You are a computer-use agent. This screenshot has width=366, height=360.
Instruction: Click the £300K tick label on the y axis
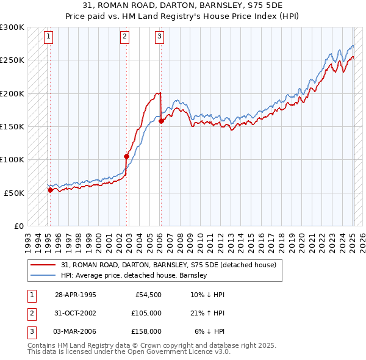click(12, 27)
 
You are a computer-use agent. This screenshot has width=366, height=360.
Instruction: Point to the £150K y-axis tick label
click(12, 127)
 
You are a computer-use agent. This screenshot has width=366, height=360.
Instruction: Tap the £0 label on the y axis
click(18, 226)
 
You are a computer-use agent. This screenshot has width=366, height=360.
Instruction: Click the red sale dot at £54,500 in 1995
click(50, 190)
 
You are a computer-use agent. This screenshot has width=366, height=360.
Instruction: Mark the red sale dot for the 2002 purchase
click(127, 156)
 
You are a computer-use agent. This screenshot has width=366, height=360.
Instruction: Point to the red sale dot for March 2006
click(161, 121)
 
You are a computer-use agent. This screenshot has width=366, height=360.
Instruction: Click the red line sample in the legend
click(43, 265)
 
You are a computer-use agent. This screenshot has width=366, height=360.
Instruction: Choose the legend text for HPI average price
click(134, 275)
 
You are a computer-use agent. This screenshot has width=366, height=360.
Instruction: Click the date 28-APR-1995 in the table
click(76, 295)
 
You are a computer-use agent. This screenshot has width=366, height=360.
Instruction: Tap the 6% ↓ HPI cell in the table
click(210, 331)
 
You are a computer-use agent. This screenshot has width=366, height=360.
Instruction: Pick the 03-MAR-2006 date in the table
click(76, 331)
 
